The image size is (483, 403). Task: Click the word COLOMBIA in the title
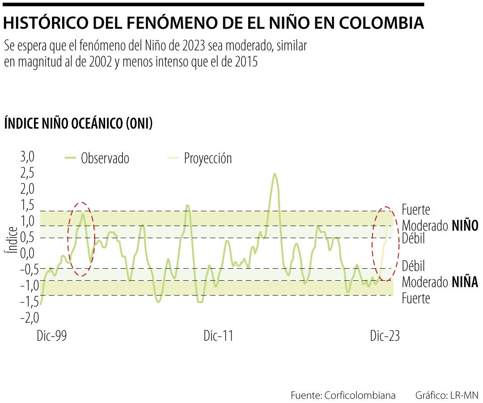(x=380, y=23)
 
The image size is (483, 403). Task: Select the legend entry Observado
(x=105, y=158)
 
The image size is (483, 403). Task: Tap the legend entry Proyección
(x=208, y=158)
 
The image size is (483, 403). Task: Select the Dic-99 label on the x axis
(x=52, y=336)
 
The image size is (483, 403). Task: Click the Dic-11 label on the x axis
(x=218, y=336)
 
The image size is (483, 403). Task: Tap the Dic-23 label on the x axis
(x=385, y=336)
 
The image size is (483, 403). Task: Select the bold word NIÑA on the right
(x=465, y=282)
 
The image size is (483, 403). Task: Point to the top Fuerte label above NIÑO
(x=416, y=210)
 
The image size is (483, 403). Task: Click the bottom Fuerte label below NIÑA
(x=416, y=298)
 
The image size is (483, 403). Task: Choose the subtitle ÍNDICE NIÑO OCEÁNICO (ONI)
(x=79, y=124)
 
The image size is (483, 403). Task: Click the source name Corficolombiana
(x=360, y=395)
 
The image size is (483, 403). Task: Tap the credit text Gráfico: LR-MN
(x=447, y=395)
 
